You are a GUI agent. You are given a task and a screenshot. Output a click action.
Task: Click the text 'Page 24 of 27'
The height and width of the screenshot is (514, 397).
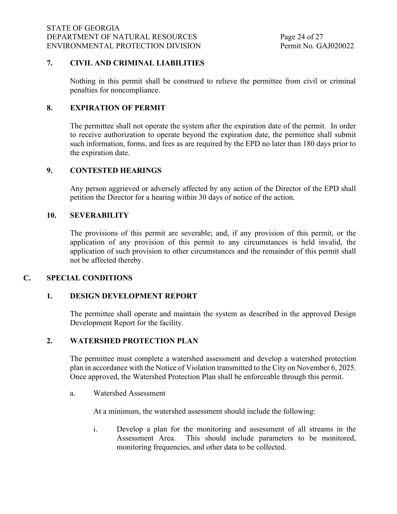pyautogui.click(x=301, y=37)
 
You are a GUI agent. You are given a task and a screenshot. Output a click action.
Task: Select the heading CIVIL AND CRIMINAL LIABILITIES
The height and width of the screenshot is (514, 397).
pyautogui.click(x=137, y=63)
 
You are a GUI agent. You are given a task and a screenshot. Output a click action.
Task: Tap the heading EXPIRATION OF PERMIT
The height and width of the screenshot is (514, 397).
pyautogui.click(x=118, y=108)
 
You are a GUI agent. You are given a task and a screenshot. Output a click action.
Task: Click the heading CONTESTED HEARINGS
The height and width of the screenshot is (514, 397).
pyautogui.click(x=116, y=171)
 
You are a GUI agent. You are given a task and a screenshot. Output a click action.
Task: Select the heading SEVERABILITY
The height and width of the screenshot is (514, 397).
pyautogui.click(x=99, y=216)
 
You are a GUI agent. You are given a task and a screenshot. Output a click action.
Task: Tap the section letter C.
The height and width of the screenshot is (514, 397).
pyautogui.click(x=27, y=278)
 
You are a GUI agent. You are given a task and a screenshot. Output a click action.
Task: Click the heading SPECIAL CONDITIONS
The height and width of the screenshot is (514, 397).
pyautogui.click(x=89, y=278)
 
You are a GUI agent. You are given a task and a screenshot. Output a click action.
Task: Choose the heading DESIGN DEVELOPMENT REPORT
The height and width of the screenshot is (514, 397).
pyautogui.click(x=133, y=296)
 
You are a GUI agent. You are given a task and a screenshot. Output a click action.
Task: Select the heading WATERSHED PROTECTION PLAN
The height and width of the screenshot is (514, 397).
pyautogui.click(x=134, y=341)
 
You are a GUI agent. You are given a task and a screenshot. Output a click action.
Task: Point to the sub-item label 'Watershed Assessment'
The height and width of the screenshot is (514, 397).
pyautogui.click(x=129, y=393)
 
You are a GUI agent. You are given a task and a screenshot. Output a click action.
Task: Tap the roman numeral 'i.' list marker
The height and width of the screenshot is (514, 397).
pyautogui.click(x=95, y=429)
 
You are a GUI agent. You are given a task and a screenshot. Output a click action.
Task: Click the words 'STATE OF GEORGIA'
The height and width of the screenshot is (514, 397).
pyautogui.click(x=83, y=28)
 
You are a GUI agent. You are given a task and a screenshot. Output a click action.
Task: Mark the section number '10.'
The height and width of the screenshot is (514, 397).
pyautogui.click(x=51, y=216)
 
